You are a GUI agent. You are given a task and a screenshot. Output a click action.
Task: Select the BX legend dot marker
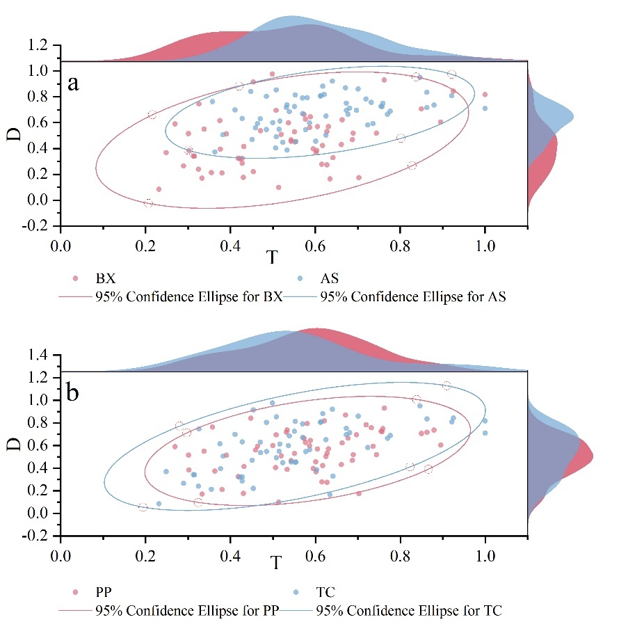point(76,279)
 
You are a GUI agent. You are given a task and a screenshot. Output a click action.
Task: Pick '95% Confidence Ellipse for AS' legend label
point(412,296)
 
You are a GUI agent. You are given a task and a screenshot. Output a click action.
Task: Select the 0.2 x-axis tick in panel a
point(146,246)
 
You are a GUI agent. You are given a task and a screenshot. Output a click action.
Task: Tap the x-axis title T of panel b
point(277,563)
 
